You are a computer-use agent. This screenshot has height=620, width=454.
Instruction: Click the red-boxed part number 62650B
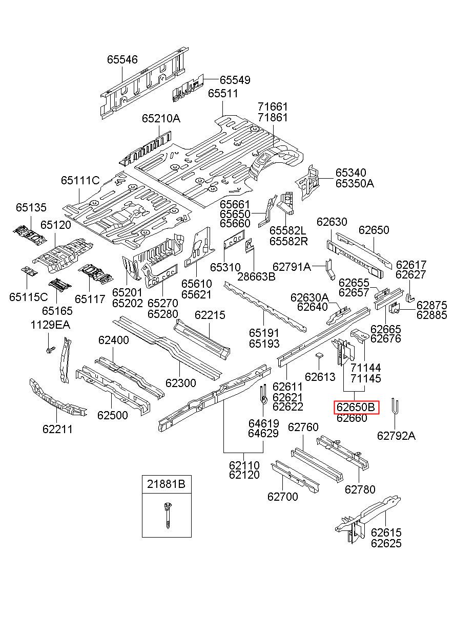click(x=356, y=407)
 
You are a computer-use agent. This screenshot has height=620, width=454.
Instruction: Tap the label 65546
click(x=122, y=59)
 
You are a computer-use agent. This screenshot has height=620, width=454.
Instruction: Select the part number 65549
click(x=235, y=80)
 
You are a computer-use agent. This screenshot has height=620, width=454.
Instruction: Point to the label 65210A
click(x=161, y=119)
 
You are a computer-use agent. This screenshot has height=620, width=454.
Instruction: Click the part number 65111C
click(x=80, y=180)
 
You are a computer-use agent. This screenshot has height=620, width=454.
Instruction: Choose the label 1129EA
click(x=50, y=325)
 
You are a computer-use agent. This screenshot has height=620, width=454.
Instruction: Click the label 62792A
click(x=396, y=436)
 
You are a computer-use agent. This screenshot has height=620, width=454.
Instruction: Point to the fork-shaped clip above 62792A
click(x=394, y=408)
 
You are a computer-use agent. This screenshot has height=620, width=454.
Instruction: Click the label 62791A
click(x=292, y=267)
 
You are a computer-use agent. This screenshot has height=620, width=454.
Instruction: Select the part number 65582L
click(x=288, y=230)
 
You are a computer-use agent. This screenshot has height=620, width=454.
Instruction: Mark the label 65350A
click(x=355, y=183)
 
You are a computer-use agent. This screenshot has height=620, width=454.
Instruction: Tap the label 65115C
click(x=28, y=297)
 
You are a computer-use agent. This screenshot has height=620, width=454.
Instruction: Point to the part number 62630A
click(x=309, y=297)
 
